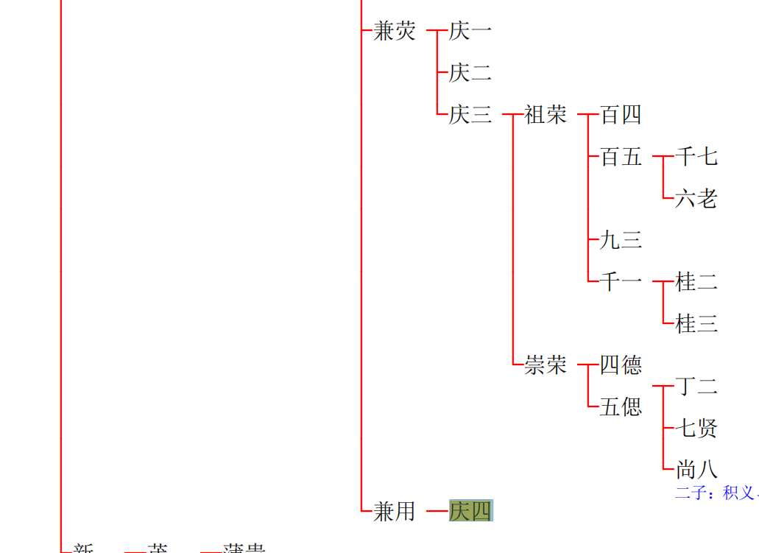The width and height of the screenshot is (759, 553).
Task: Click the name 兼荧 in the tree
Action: pos(395,31)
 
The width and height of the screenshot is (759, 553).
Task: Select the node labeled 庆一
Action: pos(470,31)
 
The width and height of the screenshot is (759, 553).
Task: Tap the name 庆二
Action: pos(470,73)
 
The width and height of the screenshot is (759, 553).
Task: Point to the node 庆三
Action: pos(470,115)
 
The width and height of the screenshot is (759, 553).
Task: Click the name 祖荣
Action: pos(546,115)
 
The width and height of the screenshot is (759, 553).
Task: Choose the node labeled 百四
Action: pos(621,115)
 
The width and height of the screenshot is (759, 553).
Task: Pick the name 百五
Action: pos(621,157)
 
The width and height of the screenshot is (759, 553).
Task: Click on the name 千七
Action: pos(696,157)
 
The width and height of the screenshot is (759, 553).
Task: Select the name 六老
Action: pos(696,199)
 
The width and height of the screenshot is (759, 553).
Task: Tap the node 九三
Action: pos(621,240)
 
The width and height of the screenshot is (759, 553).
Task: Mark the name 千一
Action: pos(621,282)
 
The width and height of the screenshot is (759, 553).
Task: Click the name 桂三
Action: pos(696,324)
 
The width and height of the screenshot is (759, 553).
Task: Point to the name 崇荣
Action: pos(546,365)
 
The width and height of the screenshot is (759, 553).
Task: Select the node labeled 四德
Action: pos(621,365)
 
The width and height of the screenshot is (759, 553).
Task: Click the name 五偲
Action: pos(621,407)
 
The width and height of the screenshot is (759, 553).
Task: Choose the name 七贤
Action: pos(696,428)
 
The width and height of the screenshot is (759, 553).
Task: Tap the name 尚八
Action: pos(696,469)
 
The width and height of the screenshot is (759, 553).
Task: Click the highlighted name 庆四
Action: pos(470,511)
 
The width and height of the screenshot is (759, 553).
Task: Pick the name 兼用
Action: pos(395,511)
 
